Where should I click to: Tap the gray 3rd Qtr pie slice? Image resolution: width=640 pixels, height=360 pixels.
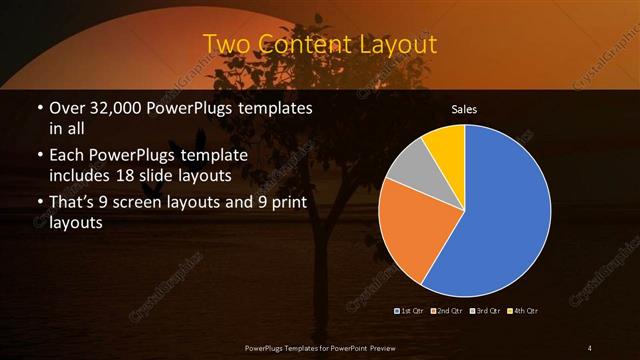[410, 164]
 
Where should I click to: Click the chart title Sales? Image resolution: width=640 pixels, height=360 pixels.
[464, 107]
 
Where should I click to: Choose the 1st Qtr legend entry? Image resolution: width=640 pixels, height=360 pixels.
[411, 310]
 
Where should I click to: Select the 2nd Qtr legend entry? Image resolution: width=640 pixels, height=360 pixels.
[446, 310]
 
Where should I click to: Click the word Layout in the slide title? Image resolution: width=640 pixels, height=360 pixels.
[390, 45]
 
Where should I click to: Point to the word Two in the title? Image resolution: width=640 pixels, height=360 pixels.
[229, 45]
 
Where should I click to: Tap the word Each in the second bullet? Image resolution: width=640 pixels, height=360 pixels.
[71, 157]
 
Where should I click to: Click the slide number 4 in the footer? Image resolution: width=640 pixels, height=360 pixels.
[590, 347]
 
